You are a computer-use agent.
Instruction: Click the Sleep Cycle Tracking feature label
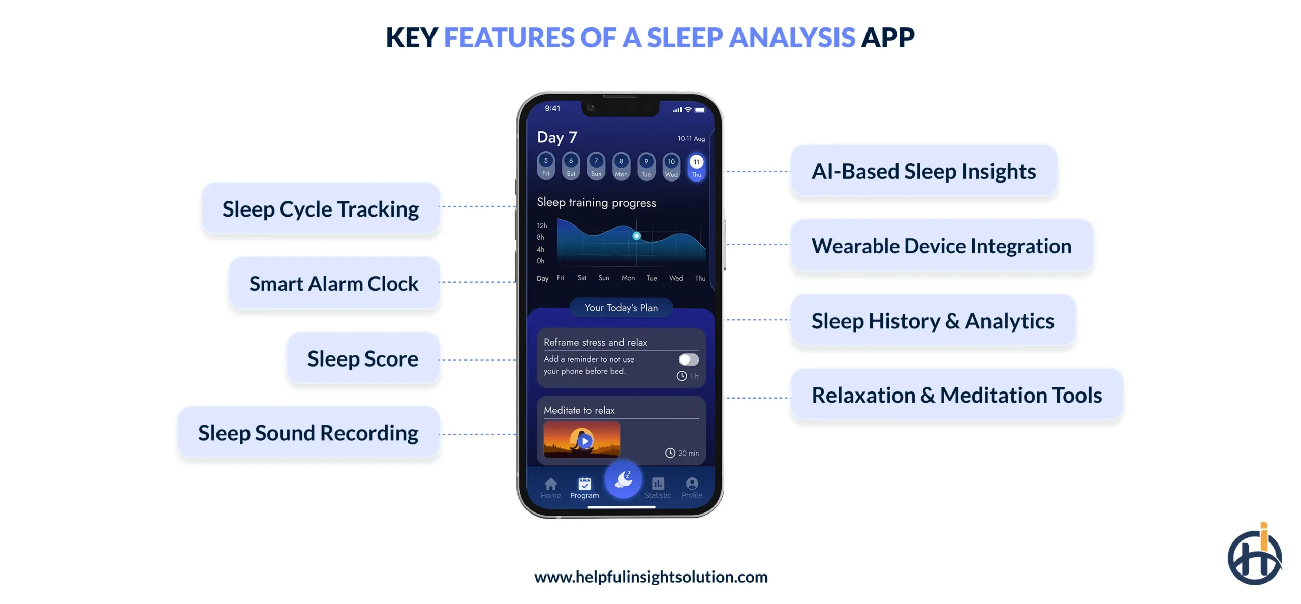(x=320, y=209)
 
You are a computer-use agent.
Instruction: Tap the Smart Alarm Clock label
(x=333, y=283)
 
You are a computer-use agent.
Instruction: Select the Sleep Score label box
(x=362, y=358)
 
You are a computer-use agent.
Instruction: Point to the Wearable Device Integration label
(x=941, y=246)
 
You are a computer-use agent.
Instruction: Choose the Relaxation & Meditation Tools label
(x=956, y=395)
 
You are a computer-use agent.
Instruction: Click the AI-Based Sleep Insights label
(x=923, y=171)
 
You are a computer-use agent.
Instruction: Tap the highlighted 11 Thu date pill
(x=696, y=167)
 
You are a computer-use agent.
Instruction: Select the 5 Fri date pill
(x=546, y=166)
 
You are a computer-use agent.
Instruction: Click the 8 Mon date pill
(x=621, y=166)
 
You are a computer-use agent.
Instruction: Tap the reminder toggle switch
(x=689, y=359)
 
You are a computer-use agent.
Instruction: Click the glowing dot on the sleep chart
(x=636, y=236)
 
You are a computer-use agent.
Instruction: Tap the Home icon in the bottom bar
(x=550, y=484)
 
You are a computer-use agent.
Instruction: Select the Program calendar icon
(x=584, y=484)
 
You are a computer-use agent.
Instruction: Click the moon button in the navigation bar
(x=623, y=479)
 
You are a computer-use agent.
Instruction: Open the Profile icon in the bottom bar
(x=692, y=484)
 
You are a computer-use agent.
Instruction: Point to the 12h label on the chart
(x=542, y=225)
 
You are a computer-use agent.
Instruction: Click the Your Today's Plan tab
(x=621, y=308)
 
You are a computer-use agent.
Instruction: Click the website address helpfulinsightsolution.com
(x=650, y=577)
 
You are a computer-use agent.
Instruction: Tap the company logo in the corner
(x=1254, y=555)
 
